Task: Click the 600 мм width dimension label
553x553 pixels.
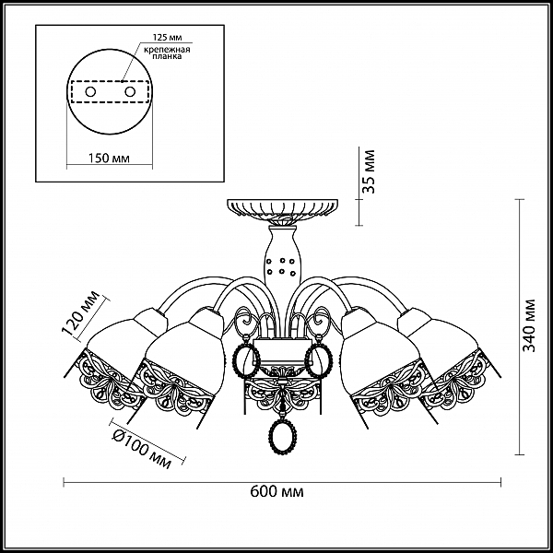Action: coord(276,491)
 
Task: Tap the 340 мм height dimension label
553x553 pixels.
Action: coord(529,325)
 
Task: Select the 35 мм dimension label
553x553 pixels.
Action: coord(369,171)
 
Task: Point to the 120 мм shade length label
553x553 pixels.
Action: coord(80,312)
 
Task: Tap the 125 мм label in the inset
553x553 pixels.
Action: coord(167,38)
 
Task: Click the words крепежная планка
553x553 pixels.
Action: coord(167,53)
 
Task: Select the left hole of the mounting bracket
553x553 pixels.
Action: coord(90,92)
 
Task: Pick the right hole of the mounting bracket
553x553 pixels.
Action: coord(130,92)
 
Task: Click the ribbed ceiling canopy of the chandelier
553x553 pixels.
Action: coord(282,208)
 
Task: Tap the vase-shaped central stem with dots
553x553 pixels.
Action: coord(281,257)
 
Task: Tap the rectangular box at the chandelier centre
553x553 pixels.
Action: coord(283,351)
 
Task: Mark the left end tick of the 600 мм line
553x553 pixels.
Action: coord(64,482)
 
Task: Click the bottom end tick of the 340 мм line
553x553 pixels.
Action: coord(520,454)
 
